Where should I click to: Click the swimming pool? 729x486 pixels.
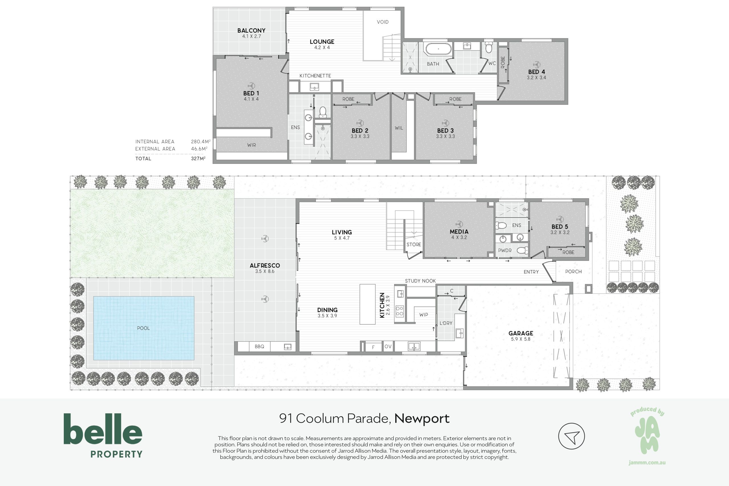[x=144, y=328]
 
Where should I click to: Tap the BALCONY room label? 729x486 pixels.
[x=251, y=30]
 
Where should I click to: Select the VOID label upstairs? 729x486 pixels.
[x=383, y=22]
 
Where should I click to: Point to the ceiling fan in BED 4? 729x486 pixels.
[x=536, y=65]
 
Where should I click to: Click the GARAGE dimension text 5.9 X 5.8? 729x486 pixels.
[x=521, y=339]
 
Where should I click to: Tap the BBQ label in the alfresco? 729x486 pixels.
[x=259, y=346]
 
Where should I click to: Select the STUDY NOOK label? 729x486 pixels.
[x=420, y=281]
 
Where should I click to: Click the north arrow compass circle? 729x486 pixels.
[x=571, y=436]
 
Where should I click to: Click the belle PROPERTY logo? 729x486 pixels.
[x=103, y=436]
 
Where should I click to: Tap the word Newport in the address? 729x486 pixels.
[x=422, y=418]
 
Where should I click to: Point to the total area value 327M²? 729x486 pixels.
[x=198, y=158]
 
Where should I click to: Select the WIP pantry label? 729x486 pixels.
[x=423, y=315]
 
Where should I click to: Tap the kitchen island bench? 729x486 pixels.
[x=367, y=304]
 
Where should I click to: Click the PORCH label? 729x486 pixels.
[x=573, y=271]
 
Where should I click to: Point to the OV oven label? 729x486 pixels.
[x=388, y=346]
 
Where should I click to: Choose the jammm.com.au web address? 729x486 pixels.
[x=647, y=462]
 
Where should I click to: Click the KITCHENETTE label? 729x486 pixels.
[x=315, y=75]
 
